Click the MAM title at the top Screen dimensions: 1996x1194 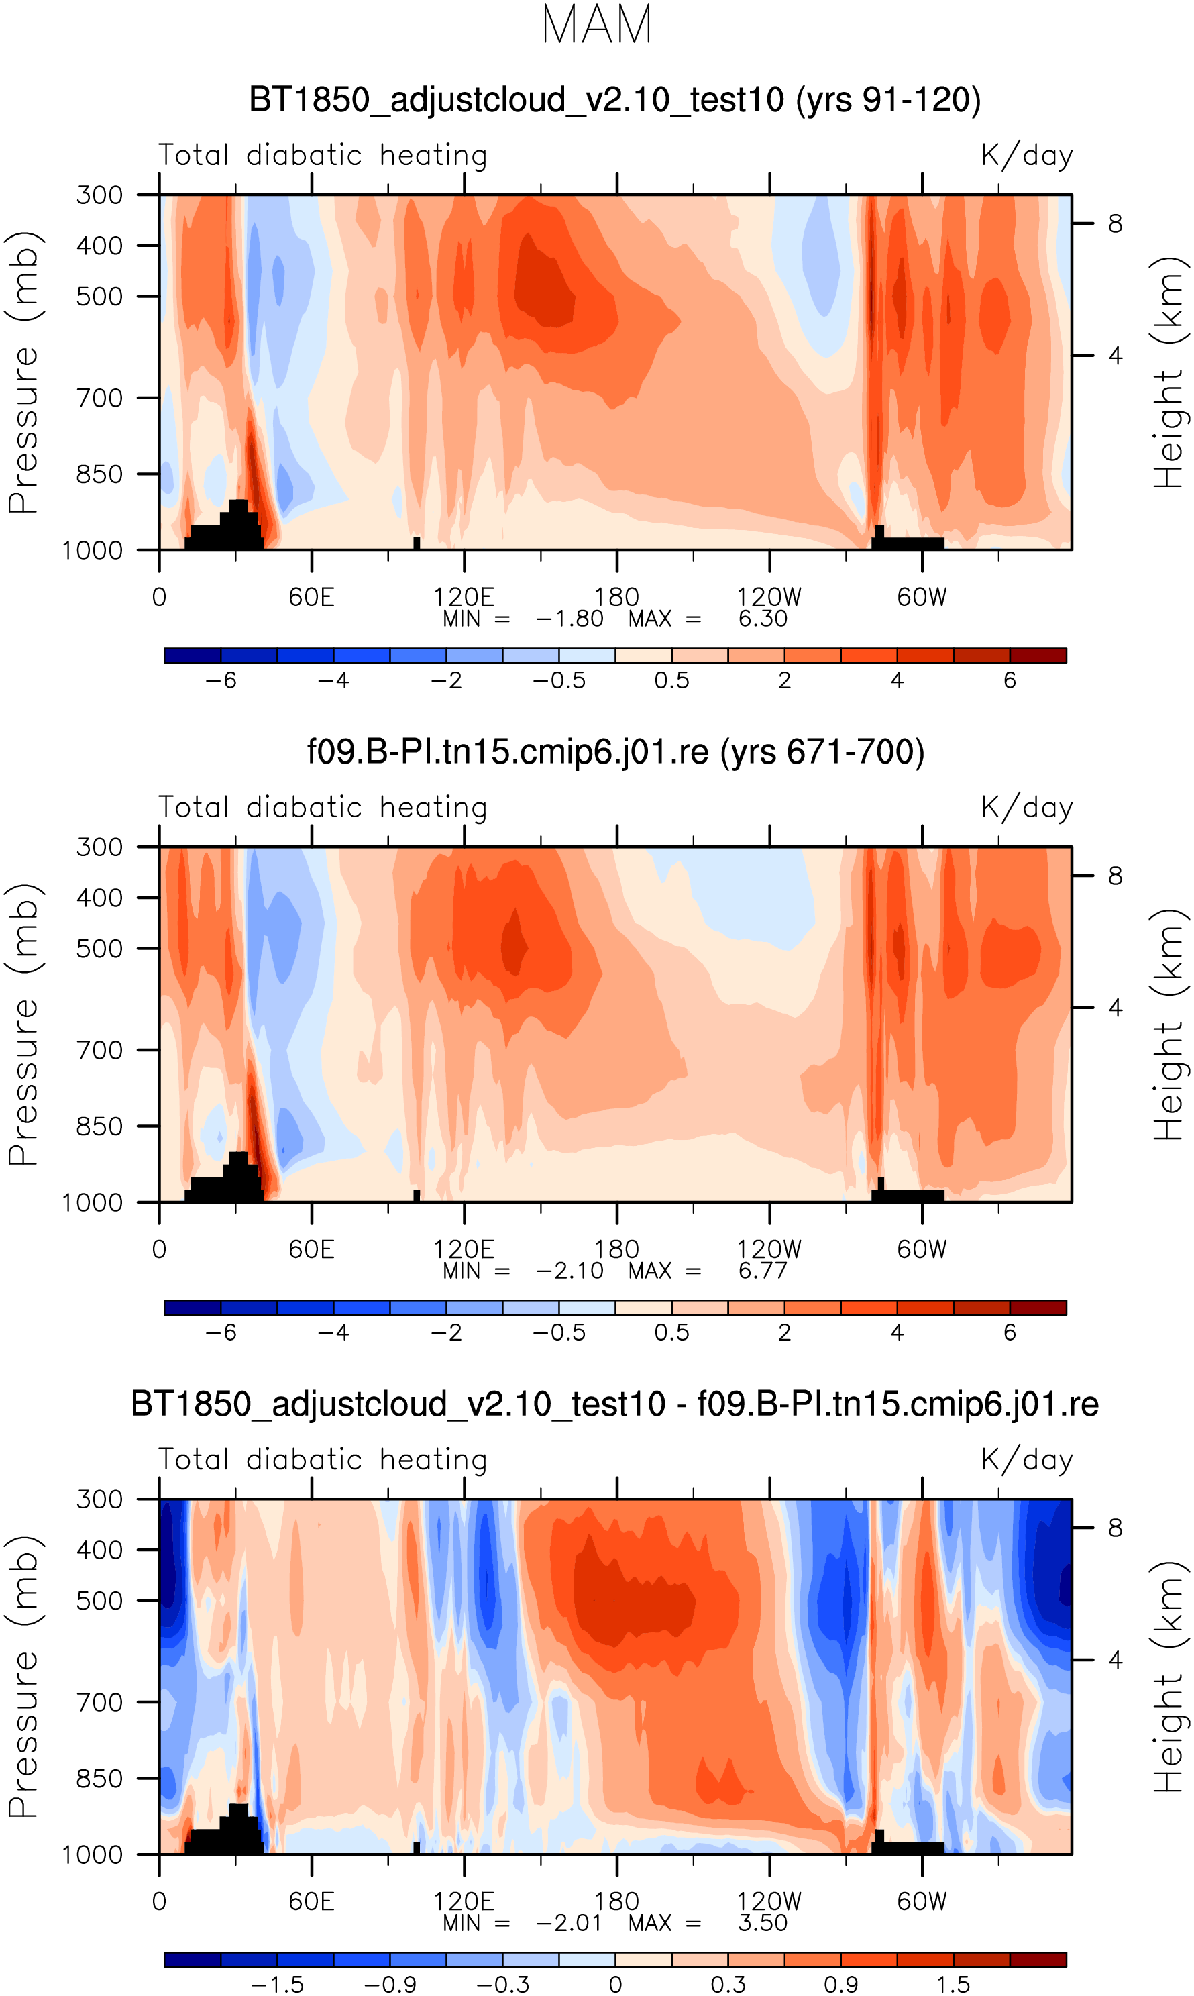pyautogui.click(x=596, y=25)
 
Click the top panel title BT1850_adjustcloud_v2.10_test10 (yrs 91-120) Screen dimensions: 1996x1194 pyautogui.click(x=614, y=100)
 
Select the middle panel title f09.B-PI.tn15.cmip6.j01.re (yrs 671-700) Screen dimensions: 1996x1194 pyautogui.click(x=616, y=751)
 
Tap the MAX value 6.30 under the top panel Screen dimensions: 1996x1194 pyautogui.click(x=762, y=619)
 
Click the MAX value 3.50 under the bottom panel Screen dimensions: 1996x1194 pyautogui.click(x=762, y=1923)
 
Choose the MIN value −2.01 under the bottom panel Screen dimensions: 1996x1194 pyautogui.click(x=569, y=1923)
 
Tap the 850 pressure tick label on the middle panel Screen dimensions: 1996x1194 pyautogui.click(x=100, y=1126)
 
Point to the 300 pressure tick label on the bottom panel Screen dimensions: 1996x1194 pyautogui.click(x=100, y=1499)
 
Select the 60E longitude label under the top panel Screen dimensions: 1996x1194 pyautogui.click(x=311, y=598)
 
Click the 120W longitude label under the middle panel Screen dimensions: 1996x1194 pyautogui.click(x=769, y=1249)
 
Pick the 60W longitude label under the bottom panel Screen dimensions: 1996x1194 pyautogui.click(x=922, y=1902)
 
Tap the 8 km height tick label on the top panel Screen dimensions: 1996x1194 pyautogui.click(x=1115, y=223)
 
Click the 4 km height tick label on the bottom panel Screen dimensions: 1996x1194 pyautogui.click(x=1115, y=1659)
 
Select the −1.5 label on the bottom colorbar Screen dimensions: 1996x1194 pyautogui.click(x=278, y=1984)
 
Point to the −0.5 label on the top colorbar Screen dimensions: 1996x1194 pyautogui.click(x=559, y=680)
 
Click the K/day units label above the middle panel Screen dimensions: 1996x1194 pyautogui.click(x=1027, y=807)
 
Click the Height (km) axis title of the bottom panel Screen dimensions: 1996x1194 pyautogui.click(x=1169, y=1677)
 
